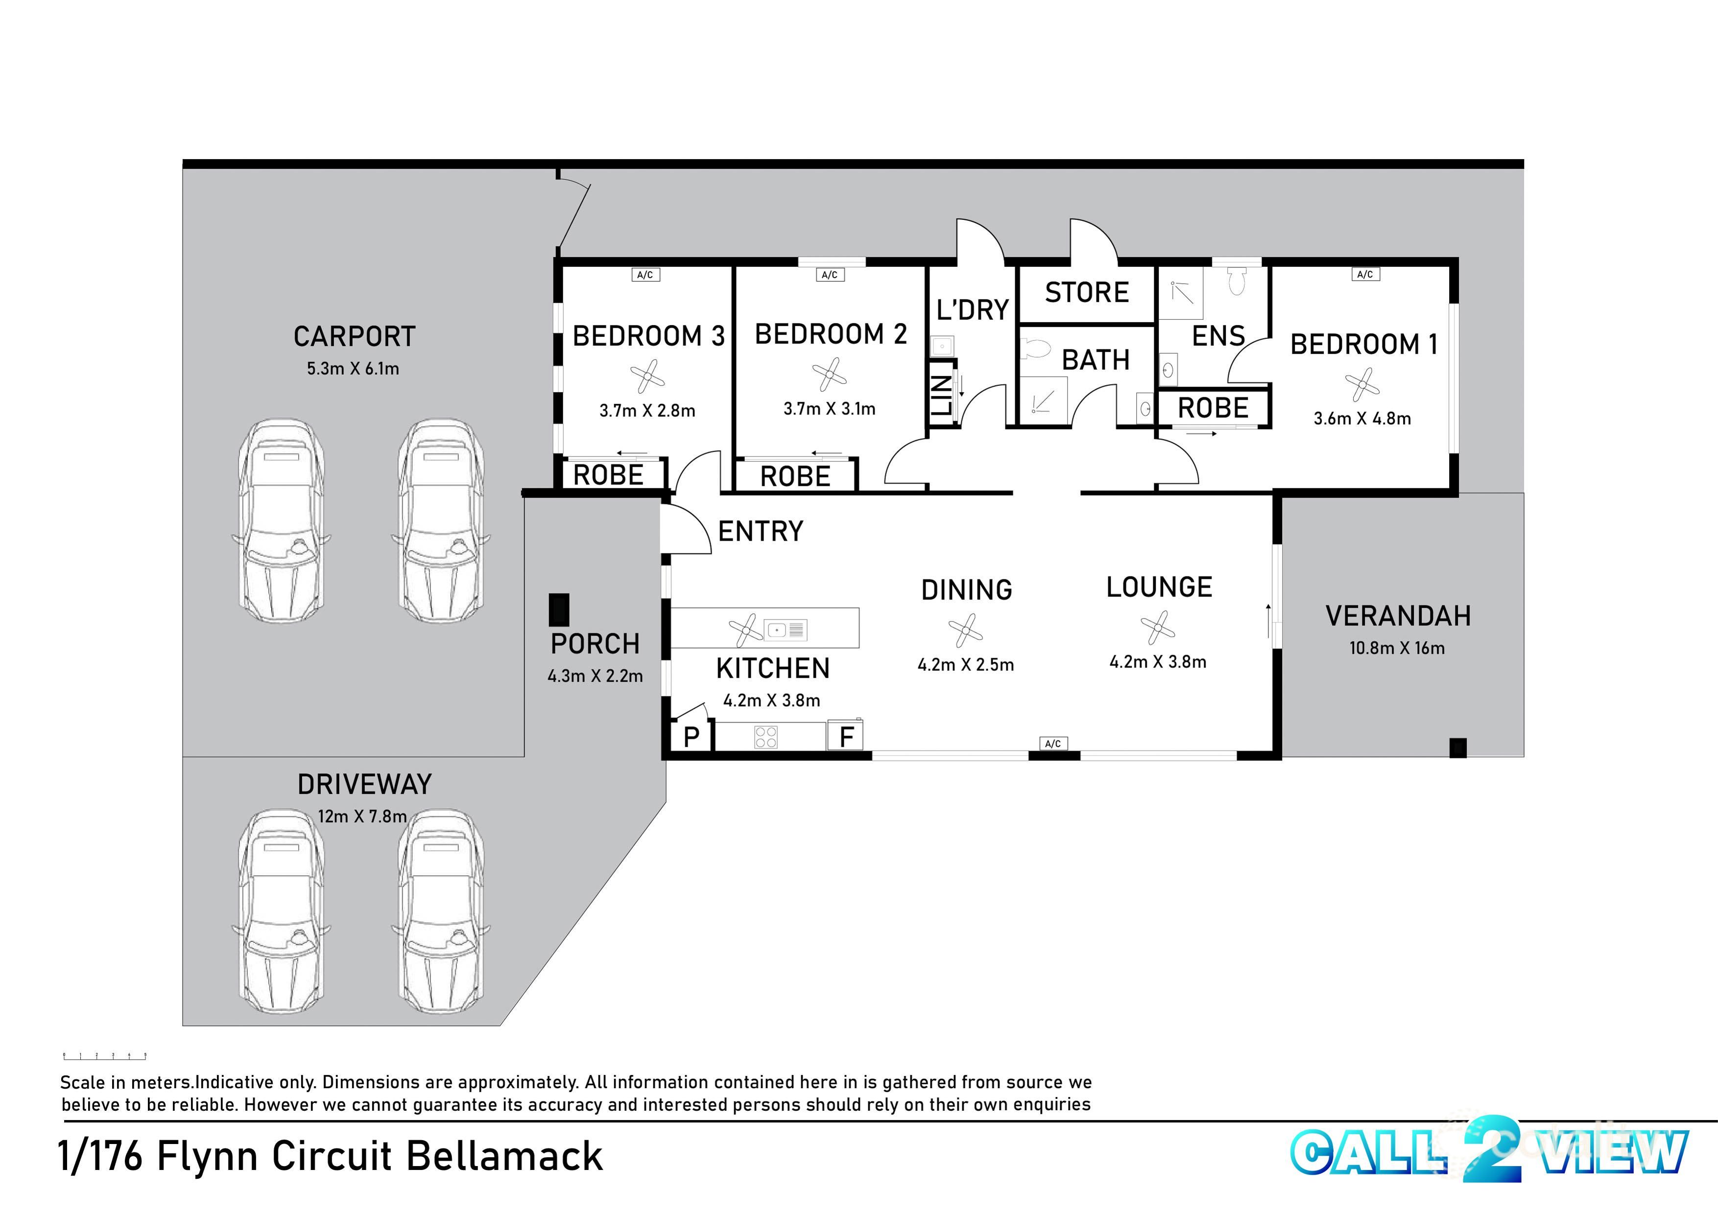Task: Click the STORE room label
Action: [x=1086, y=292]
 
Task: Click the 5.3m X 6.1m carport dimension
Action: [x=353, y=368]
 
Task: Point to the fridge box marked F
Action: [x=845, y=736]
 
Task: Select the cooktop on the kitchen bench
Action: [x=765, y=737]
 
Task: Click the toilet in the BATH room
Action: [x=1038, y=348]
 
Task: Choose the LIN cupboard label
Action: [x=941, y=395]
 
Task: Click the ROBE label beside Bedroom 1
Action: [x=1213, y=408]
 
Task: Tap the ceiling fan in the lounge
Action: [x=1157, y=627]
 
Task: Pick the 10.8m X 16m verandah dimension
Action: [x=1397, y=648]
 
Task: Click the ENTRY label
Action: [x=760, y=531]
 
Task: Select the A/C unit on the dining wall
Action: [x=1052, y=743]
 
